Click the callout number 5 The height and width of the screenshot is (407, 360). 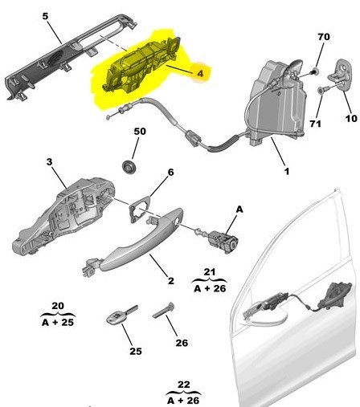point(45,16)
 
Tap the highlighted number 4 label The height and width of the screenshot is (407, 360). point(201,73)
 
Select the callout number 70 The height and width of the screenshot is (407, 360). point(324,37)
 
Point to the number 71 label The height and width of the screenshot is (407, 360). point(315,124)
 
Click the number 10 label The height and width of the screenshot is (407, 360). point(351,118)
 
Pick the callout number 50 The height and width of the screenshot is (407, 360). point(140,131)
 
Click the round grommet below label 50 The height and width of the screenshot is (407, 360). point(129,167)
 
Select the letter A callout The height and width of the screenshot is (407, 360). point(239,210)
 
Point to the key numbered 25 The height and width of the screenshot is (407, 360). point(122,315)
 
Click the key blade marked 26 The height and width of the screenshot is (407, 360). point(164,311)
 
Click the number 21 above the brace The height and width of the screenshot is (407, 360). point(210,272)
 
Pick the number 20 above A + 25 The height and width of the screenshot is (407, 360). point(58,306)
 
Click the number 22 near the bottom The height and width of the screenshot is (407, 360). point(184,385)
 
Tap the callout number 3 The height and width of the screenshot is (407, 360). point(50,161)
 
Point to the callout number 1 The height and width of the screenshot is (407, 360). point(287,171)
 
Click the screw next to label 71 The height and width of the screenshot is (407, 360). point(321,91)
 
